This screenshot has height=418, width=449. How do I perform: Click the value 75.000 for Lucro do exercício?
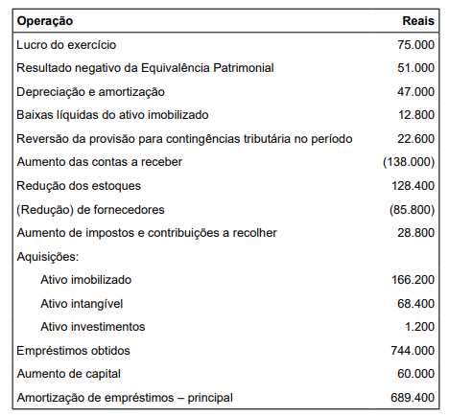pyautogui.click(x=414, y=45)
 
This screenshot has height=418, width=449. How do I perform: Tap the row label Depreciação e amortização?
pyautogui.click(x=90, y=92)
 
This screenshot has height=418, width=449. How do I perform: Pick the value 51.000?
pyautogui.click(x=414, y=68)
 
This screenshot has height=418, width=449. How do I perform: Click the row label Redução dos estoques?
pyautogui.click(x=79, y=186)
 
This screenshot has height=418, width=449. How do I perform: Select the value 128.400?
pyautogui.click(x=412, y=186)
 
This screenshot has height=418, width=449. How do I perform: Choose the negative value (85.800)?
pyautogui.click(x=411, y=209)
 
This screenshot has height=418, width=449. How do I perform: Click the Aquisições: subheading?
pyautogui.click(x=47, y=256)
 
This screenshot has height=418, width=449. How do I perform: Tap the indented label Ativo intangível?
pyautogui.click(x=83, y=303)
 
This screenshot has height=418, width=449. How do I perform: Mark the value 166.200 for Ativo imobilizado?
pyautogui.click(x=412, y=280)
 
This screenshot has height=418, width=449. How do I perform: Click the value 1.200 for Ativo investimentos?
pyautogui.click(x=418, y=327)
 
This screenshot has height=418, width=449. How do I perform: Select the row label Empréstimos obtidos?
pyautogui.click(x=73, y=351)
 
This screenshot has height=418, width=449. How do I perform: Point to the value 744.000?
pyautogui.click(x=412, y=351)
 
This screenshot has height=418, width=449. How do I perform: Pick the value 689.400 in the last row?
pyautogui.click(x=412, y=398)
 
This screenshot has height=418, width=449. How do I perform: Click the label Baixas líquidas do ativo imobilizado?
pyautogui.click(x=111, y=115)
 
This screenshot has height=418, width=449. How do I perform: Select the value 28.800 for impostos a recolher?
pyautogui.click(x=414, y=233)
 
